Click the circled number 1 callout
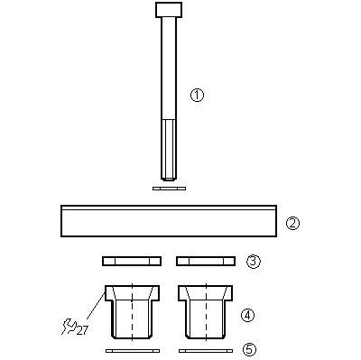point(197,95)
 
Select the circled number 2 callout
point(292,223)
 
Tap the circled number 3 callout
point(254,262)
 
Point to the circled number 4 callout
point(247,316)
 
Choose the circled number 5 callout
point(249,349)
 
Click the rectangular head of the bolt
point(169,10)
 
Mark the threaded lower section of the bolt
point(169,150)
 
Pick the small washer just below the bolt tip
point(169,189)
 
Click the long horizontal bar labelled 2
point(169,221)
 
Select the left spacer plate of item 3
point(132,261)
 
